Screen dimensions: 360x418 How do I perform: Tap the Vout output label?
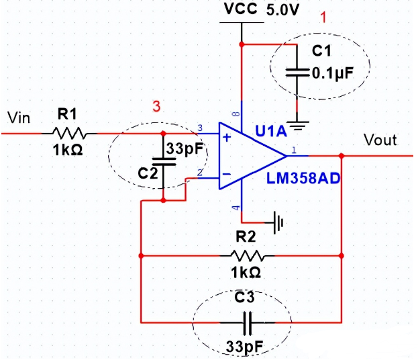tap(380, 140)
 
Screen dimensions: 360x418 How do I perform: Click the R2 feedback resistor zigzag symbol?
tap(248, 255)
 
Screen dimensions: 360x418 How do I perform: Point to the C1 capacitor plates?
tap(296, 71)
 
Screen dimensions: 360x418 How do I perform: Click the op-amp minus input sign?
tap(226, 176)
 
